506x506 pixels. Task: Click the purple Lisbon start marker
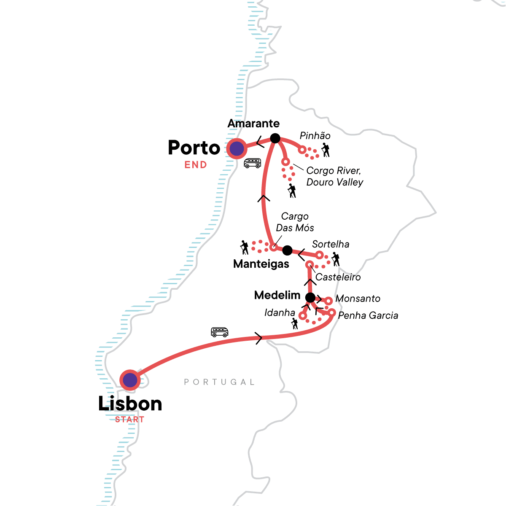pos(130,380)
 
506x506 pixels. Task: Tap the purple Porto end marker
pos(237,148)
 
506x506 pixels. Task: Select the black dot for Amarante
pos(275,138)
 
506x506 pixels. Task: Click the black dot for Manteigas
pos(287,250)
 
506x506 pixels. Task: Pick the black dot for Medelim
pos(310,298)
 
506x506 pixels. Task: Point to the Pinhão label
pos(315,136)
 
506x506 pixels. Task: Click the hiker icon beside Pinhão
pos(325,150)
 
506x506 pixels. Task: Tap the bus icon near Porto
pos(252,163)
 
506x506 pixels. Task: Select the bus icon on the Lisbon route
pos(219,332)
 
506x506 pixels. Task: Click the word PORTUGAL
pos(219,382)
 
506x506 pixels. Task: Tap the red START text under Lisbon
pos(129,420)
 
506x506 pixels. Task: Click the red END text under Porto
pos(196,165)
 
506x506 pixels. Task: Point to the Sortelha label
pos(331,244)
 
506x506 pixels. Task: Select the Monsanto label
pos(358,299)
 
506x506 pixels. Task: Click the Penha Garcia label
pos(368,315)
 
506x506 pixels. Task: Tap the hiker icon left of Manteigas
pos(244,248)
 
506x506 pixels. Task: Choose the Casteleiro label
pos(338,277)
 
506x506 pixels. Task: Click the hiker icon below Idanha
pos(294,324)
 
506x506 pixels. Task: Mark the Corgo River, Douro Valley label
pos(334,176)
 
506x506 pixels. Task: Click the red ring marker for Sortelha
pos(320,255)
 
